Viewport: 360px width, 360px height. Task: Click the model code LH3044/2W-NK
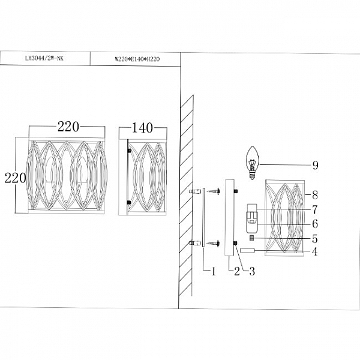coord(44,58)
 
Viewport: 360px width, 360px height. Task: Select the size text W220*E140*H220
coord(137,59)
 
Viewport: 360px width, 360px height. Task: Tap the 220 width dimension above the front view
coord(68,127)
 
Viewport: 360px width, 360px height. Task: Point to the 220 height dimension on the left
coord(16,178)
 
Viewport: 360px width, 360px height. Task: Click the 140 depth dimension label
coord(142,128)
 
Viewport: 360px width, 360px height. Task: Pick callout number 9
coord(316,165)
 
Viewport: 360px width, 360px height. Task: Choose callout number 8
coord(315,195)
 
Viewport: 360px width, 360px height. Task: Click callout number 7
coord(315,209)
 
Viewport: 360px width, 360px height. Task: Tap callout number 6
coord(315,224)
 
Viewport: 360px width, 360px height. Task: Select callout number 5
coord(315,239)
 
